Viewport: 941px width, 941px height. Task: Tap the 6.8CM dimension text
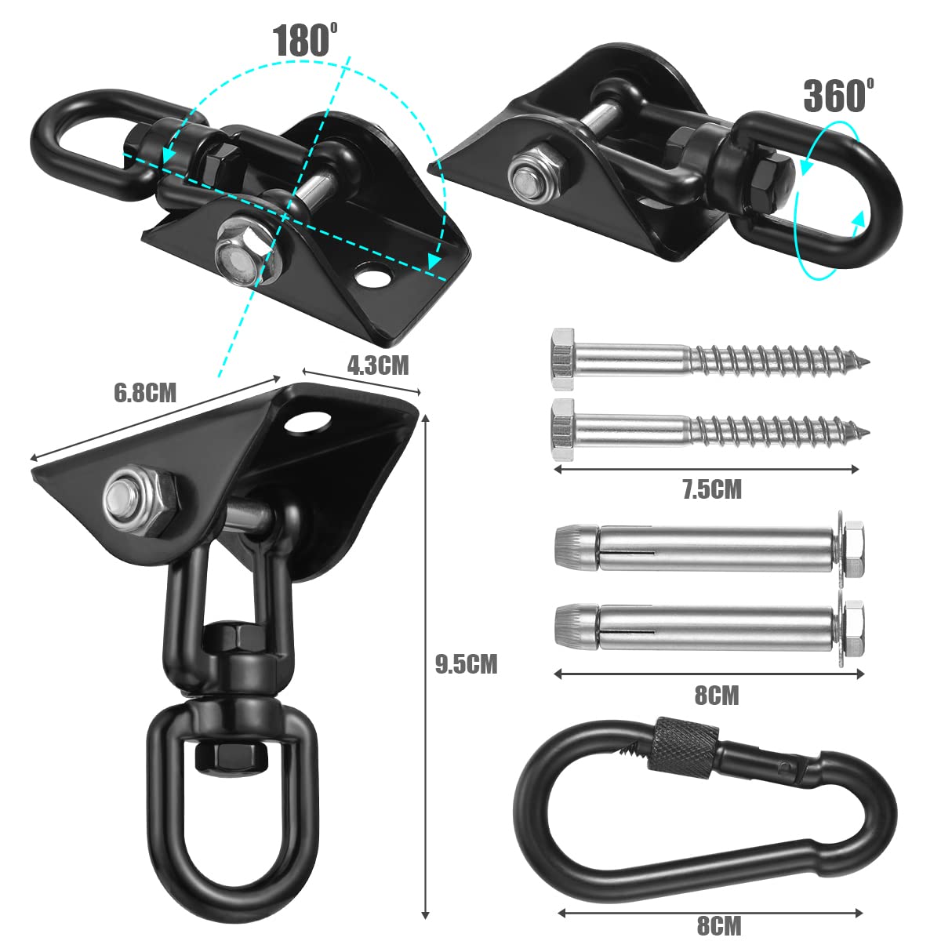(x=145, y=392)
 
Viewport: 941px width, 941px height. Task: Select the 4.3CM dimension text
(x=378, y=364)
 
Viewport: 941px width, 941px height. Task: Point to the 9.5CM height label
(x=466, y=664)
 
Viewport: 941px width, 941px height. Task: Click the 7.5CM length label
(x=711, y=490)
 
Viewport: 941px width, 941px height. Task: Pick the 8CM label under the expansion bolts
(x=717, y=695)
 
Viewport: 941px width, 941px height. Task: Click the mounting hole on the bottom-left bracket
(x=307, y=421)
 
